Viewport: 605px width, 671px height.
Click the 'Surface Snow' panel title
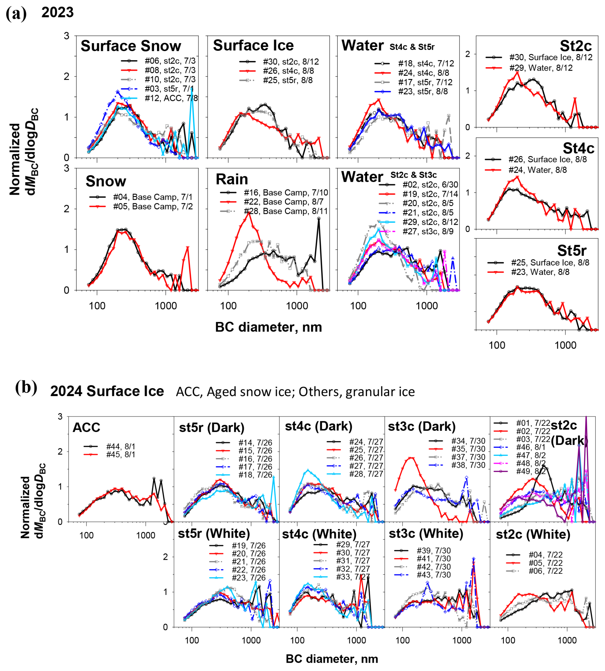click(x=131, y=46)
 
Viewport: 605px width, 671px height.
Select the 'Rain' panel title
click(x=232, y=179)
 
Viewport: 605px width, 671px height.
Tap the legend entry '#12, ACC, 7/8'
click(x=171, y=98)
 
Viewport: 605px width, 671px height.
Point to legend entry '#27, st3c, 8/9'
click(x=428, y=231)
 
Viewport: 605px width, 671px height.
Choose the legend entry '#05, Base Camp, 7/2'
click(x=153, y=207)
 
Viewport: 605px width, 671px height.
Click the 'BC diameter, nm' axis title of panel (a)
click(x=268, y=327)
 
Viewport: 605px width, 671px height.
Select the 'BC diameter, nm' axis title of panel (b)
click(x=331, y=659)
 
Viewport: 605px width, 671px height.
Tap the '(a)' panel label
click(x=16, y=13)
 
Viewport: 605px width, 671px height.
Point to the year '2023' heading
click(x=58, y=12)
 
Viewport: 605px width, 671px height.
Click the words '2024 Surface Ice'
click(x=107, y=391)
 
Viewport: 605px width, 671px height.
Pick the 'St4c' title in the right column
click(x=578, y=148)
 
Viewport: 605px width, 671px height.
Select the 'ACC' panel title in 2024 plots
click(x=86, y=427)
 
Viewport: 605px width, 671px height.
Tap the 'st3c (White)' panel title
click(x=426, y=534)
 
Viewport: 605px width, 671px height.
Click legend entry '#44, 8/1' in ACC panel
click(x=121, y=446)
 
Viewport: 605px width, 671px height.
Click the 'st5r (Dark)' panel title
click(x=211, y=427)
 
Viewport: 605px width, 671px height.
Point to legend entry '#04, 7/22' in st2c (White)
click(x=545, y=555)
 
